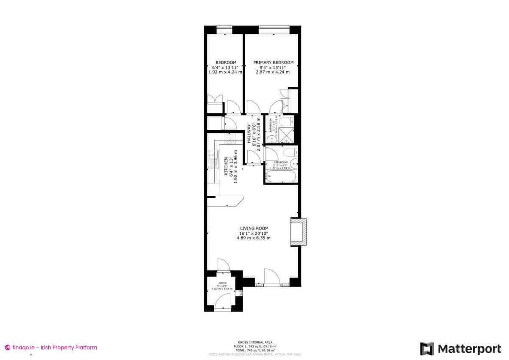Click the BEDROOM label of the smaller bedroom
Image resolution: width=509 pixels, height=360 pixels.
[x=226, y=62]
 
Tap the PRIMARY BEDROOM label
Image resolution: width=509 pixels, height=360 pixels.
[x=273, y=62]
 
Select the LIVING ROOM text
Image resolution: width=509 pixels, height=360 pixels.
[x=254, y=228]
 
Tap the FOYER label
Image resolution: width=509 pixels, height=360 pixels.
[x=222, y=283]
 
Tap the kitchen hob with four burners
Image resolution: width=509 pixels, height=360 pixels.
[x=229, y=139]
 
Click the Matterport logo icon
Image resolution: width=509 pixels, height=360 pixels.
[x=427, y=349]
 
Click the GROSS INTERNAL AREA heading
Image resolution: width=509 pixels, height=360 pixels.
[x=255, y=342]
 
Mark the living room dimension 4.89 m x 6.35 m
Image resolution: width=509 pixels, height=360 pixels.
[x=254, y=238]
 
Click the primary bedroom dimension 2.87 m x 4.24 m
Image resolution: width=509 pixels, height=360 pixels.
[x=273, y=72]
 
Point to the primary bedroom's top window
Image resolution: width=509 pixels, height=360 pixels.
[x=274, y=28]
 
